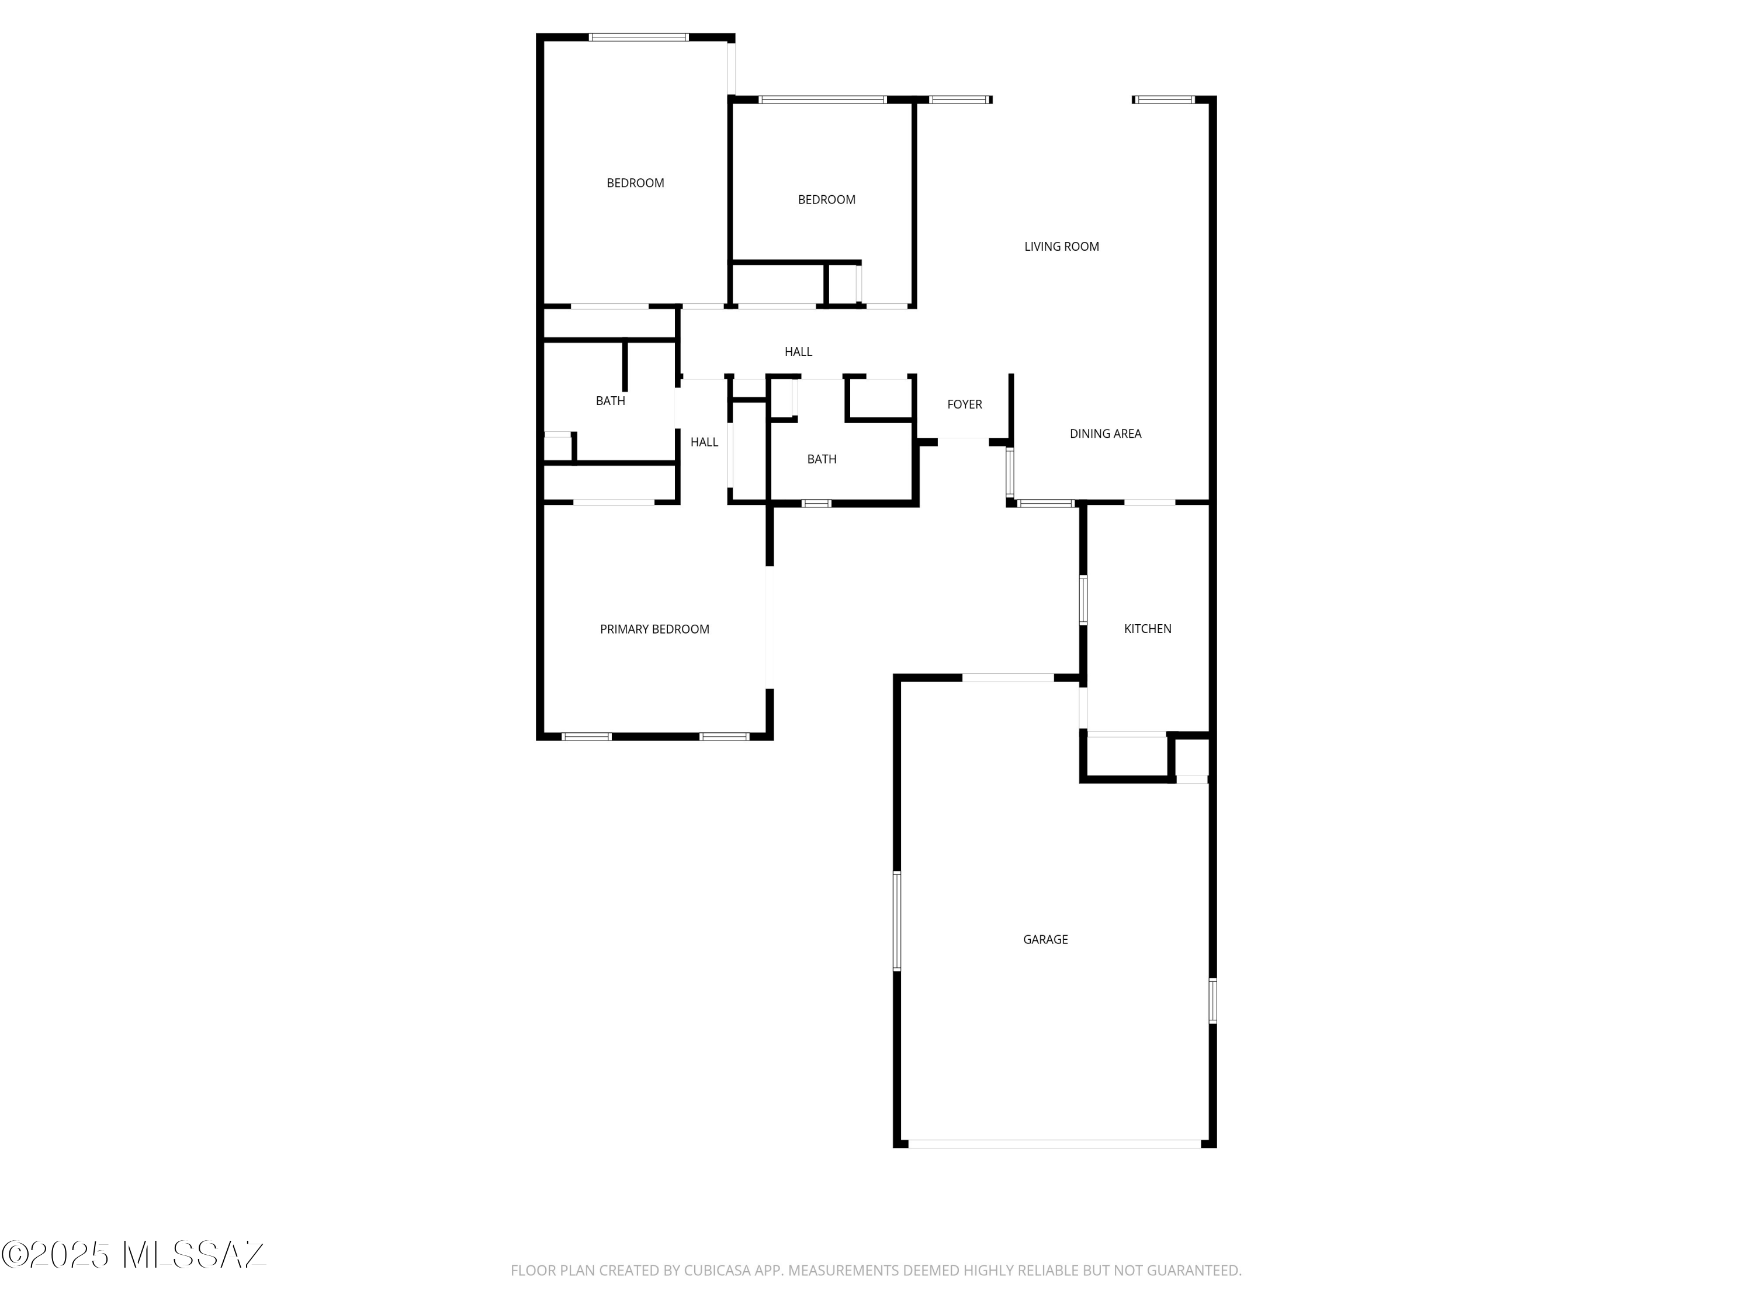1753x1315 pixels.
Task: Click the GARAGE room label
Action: point(1045,939)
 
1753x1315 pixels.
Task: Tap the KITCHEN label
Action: point(1148,628)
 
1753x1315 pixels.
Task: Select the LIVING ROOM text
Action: point(1061,247)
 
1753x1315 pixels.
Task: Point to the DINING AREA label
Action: point(1106,434)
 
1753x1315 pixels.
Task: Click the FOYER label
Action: point(965,404)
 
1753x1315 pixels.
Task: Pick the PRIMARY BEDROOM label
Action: point(654,629)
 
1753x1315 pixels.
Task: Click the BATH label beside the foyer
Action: point(822,459)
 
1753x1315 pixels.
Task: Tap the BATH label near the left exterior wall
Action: point(610,401)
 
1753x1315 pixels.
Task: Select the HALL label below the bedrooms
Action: point(798,352)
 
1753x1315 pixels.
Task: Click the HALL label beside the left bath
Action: point(704,442)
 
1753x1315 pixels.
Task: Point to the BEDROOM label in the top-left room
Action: point(636,183)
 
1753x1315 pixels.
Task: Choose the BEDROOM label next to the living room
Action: point(827,200)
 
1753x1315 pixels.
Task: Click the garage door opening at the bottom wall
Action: point(1055,1144)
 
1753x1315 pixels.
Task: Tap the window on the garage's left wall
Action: point(897,921)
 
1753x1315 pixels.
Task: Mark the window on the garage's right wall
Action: point(1212,1001)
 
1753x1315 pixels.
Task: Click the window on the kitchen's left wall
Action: point(1083,601)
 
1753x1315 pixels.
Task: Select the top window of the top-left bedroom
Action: point(639,37)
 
